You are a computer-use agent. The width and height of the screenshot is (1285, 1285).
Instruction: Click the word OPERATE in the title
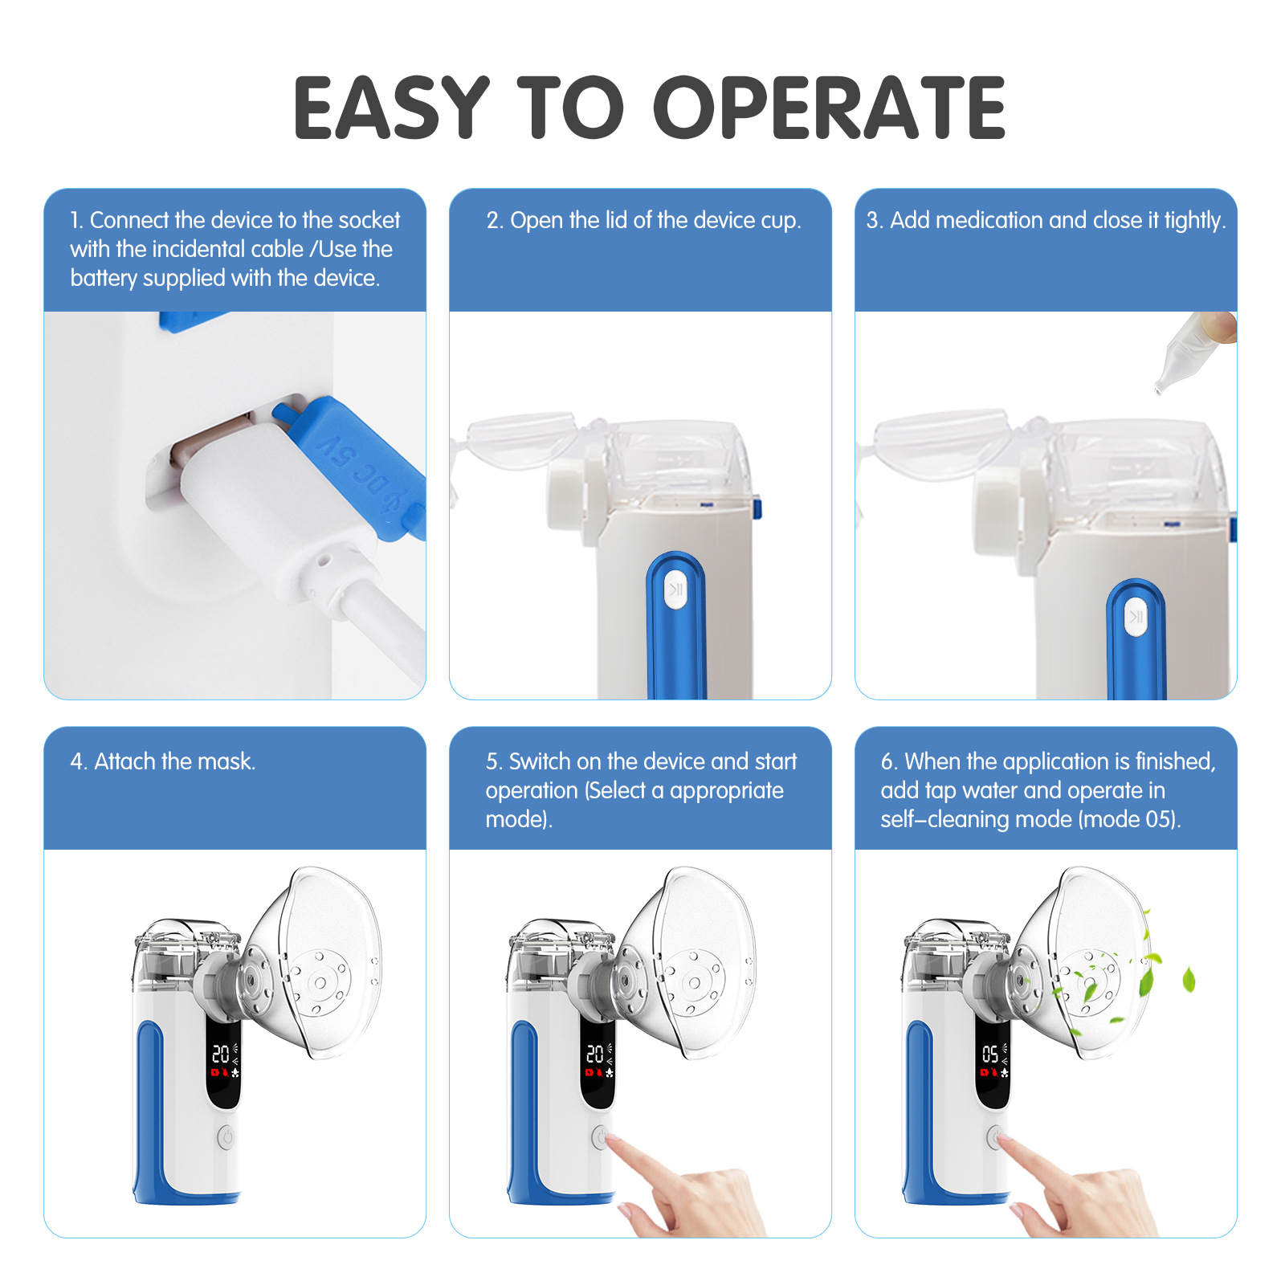tap(830, 108)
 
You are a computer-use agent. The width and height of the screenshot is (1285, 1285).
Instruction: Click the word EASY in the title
tap(392, 108)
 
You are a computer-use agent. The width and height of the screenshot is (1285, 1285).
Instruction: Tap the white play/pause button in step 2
tap(676, 590)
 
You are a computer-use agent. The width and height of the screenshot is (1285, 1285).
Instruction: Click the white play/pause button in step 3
tap(1136, 617)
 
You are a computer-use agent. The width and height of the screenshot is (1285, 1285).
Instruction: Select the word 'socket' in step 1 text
tap(369, 220)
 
